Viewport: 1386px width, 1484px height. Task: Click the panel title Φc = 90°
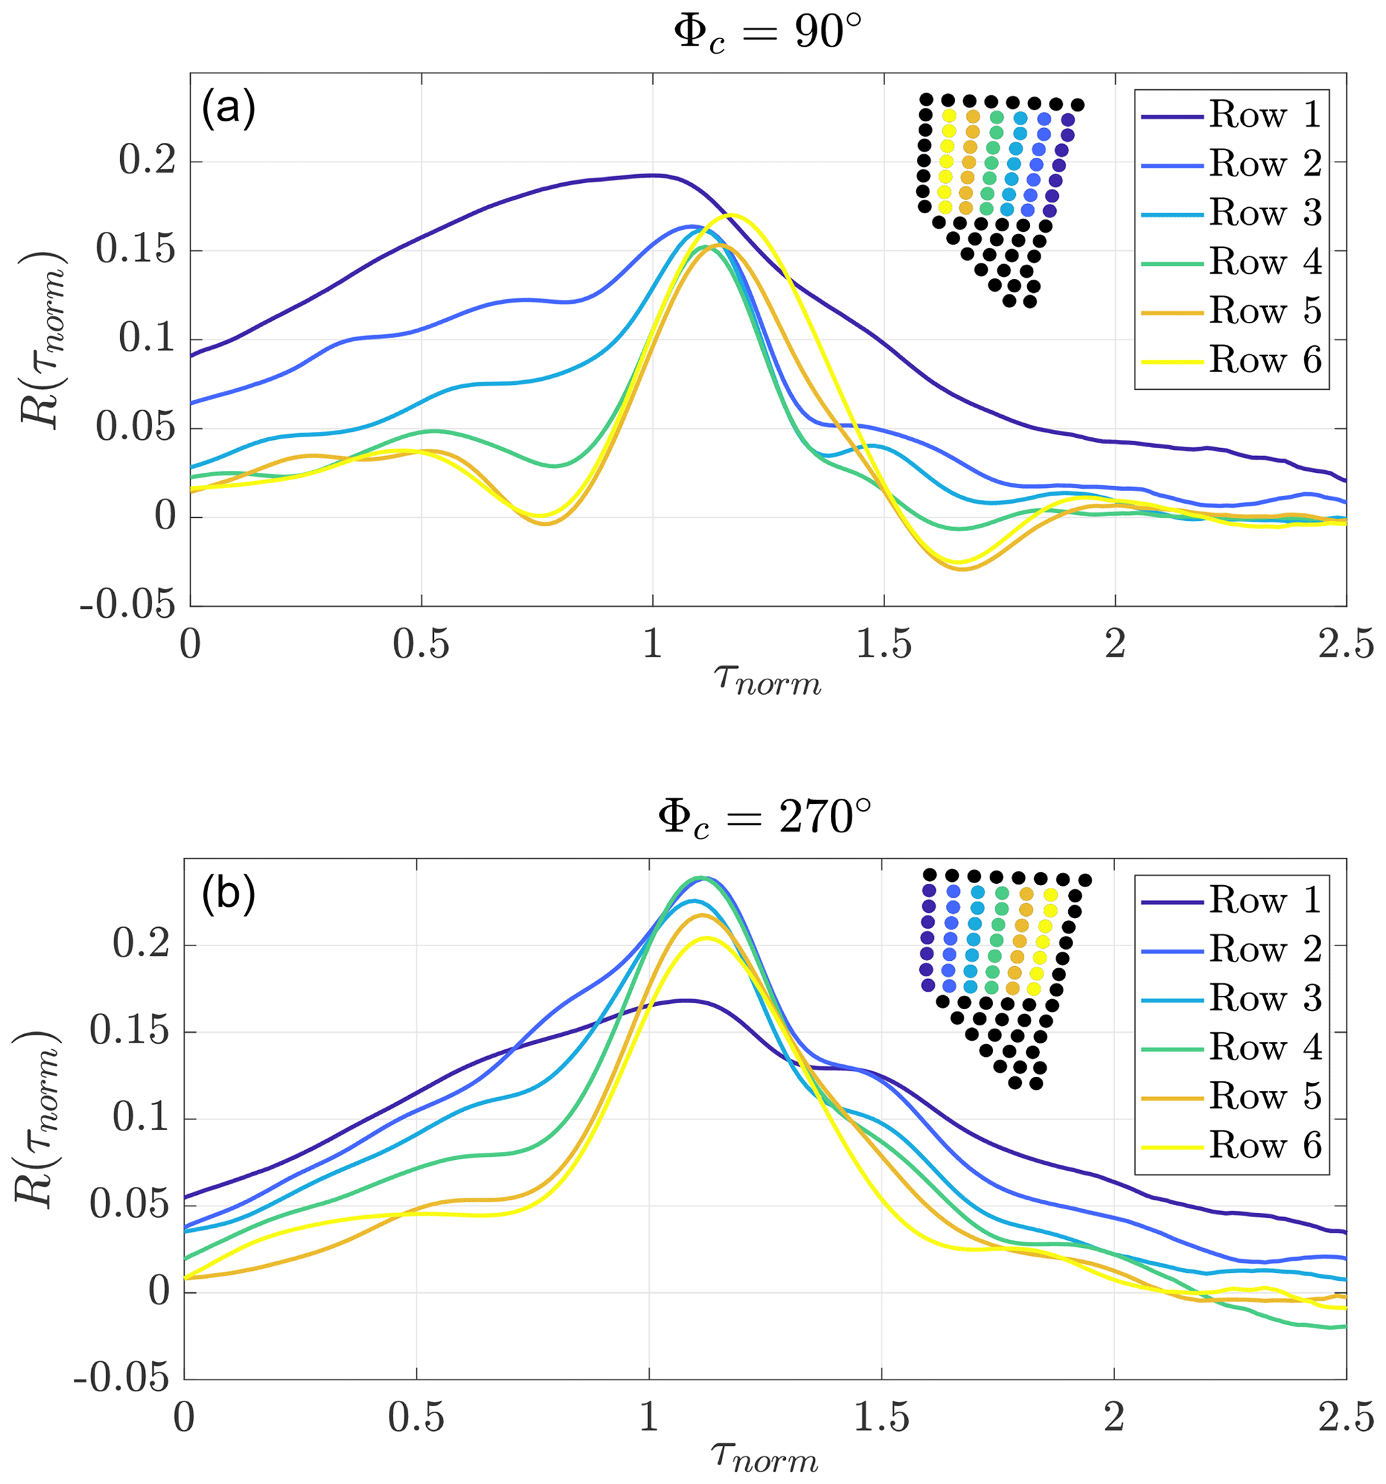click(767, 34)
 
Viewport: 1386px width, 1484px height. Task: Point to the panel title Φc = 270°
click(764, 818)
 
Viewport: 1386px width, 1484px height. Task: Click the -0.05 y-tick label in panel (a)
click(127, 605)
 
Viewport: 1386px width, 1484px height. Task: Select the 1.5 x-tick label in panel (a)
click(884, 644)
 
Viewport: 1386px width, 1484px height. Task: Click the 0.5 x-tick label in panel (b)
click(416, 1418)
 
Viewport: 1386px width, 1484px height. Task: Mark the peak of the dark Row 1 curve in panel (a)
click(654, 176)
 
